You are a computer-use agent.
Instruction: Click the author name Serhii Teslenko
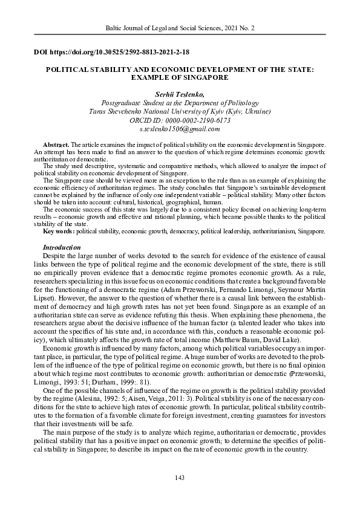[179, 94]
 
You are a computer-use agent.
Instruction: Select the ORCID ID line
[180, 120]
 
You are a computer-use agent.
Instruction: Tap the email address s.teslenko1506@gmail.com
[180, 129]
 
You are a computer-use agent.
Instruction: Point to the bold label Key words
[59, 232]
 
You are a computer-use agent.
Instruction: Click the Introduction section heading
[62, 247]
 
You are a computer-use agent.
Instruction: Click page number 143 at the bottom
[179, 478]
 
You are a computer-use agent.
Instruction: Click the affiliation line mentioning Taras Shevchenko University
[180, 112]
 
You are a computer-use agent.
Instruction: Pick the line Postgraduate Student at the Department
[180, 103]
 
